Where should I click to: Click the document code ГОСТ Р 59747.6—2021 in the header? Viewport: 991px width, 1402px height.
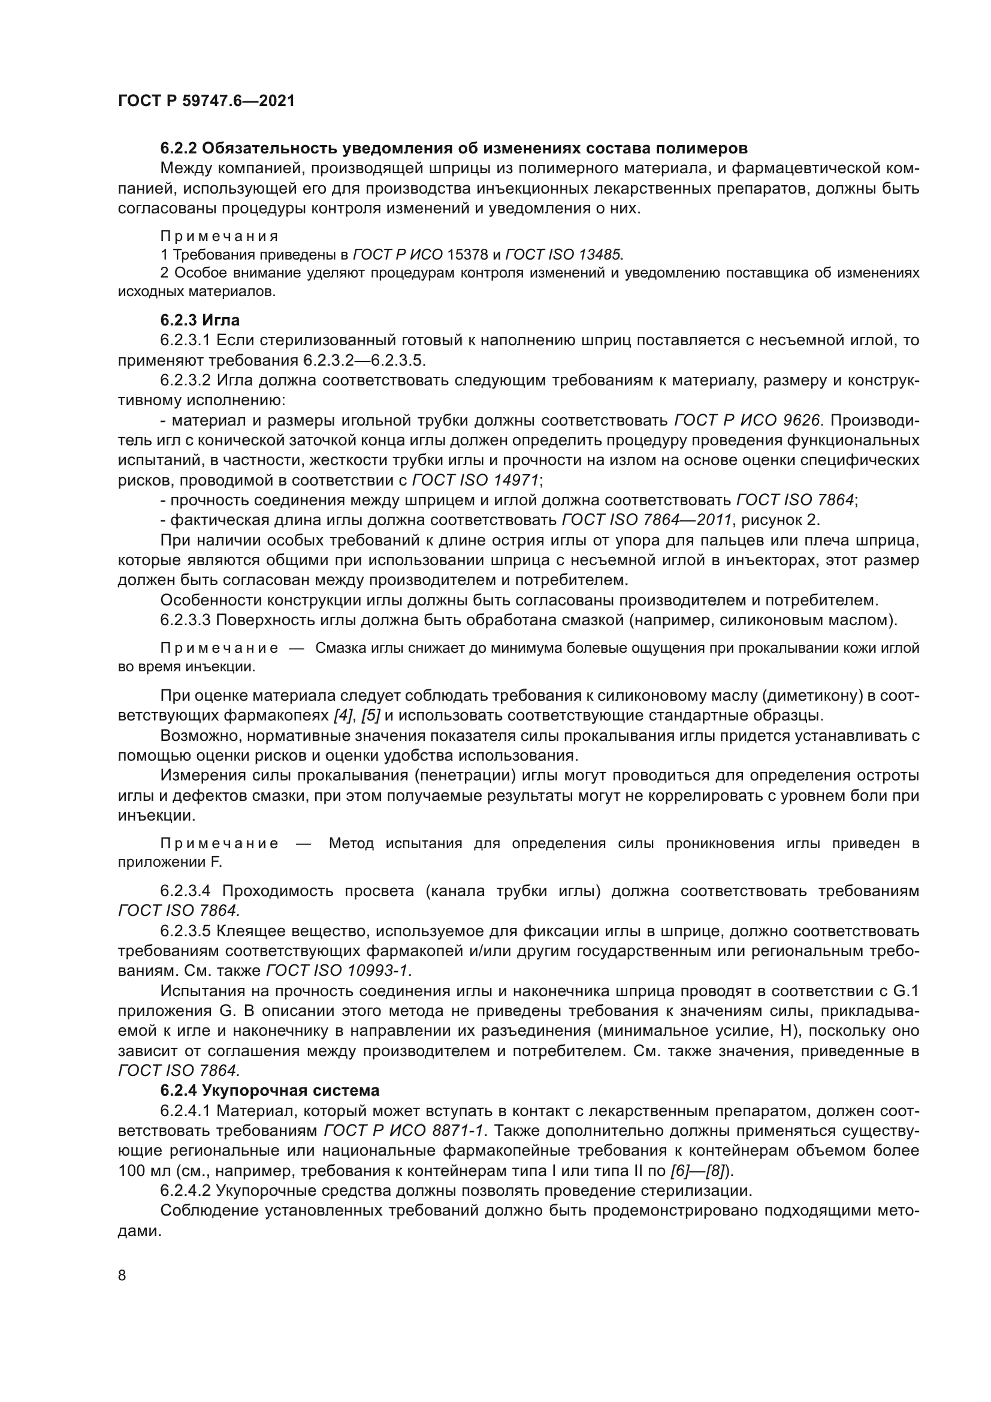point(206,101)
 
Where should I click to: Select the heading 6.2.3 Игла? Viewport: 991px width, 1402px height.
point(200,320)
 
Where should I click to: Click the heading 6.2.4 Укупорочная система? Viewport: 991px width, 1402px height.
point(270,1090)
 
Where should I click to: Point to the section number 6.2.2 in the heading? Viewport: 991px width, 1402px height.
point(178,149)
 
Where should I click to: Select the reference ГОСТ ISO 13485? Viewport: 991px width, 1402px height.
point(563,254)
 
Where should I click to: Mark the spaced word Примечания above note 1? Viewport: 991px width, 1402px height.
point(219,236)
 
